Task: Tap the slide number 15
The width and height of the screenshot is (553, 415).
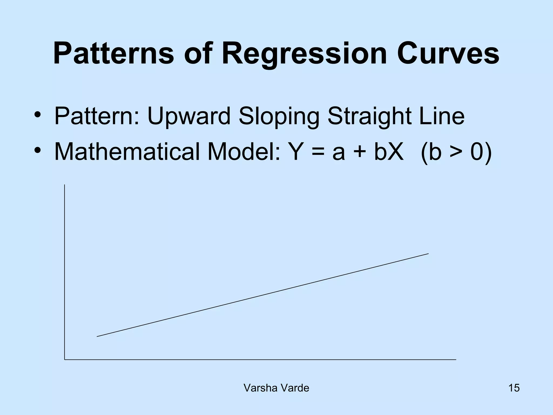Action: (514, 388)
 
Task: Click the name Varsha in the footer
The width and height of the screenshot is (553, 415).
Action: (260, 388)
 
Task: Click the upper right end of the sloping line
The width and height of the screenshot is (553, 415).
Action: (428, 254)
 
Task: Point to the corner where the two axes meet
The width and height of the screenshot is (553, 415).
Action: (65, 360)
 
